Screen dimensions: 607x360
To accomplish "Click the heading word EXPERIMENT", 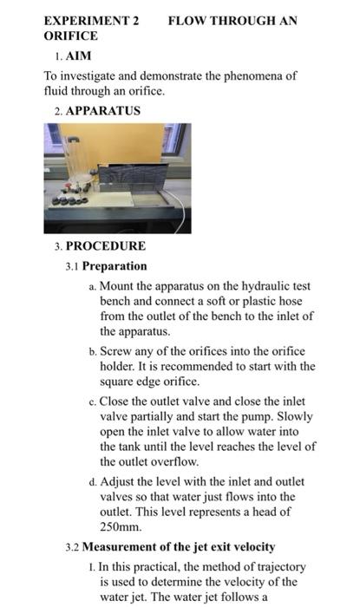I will point(86,20).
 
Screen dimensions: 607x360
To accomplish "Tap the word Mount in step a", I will point(118,285).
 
